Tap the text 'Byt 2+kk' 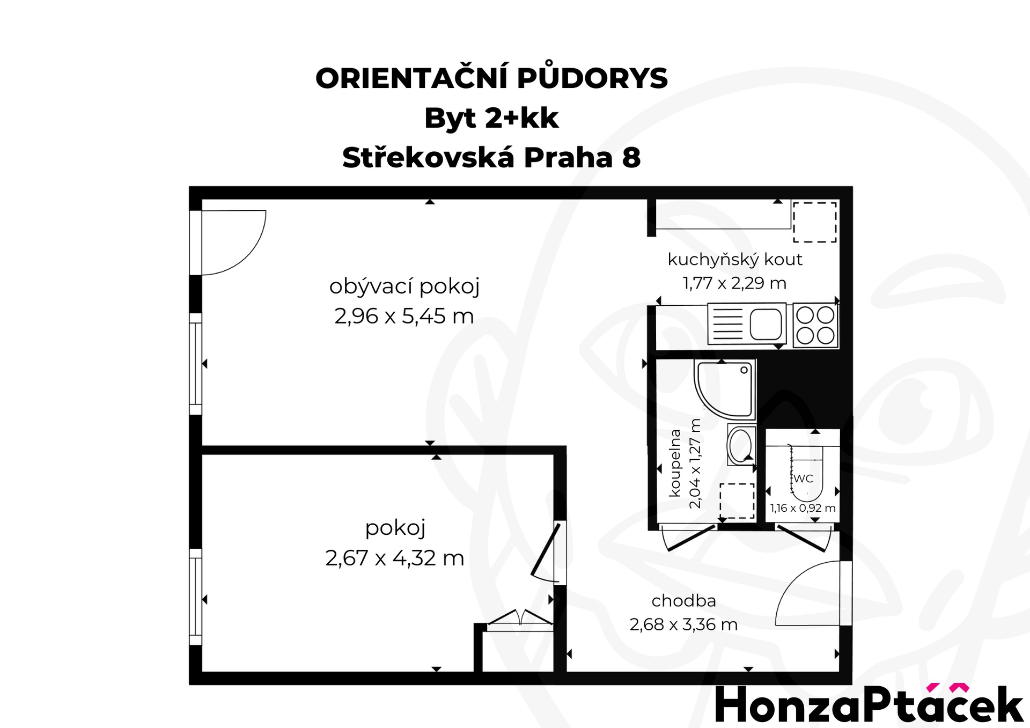pyautogui.click(x=491, y=119)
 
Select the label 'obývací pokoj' pyautogui.click(x=404, y=286)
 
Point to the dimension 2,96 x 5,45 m pyautogui.click(x=404, y=316)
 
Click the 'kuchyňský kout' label pyautogui.click(x=735, y=260)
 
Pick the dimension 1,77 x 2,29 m pyautogui.click(x=734, y=283)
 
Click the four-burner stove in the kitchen pyautogui.click(x=815, y=325)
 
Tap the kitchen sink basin pyautogui.click(x=766, y=324)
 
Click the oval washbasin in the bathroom pyautogui.click(x=741, y=445)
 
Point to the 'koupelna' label pyautogui.click(x=675, y=463)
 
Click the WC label pyautogui.click(x=803, y=479)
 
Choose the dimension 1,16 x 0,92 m pyautogui.click(x=803, y=508)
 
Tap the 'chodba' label pyautogui.click(x=684, y=601)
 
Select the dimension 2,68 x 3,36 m pyautogui.click(x=683, y=624)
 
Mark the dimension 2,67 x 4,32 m pyautogui.click(x=395, y=558)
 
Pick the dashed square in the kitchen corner pyautogui.click(x=815, y=222)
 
